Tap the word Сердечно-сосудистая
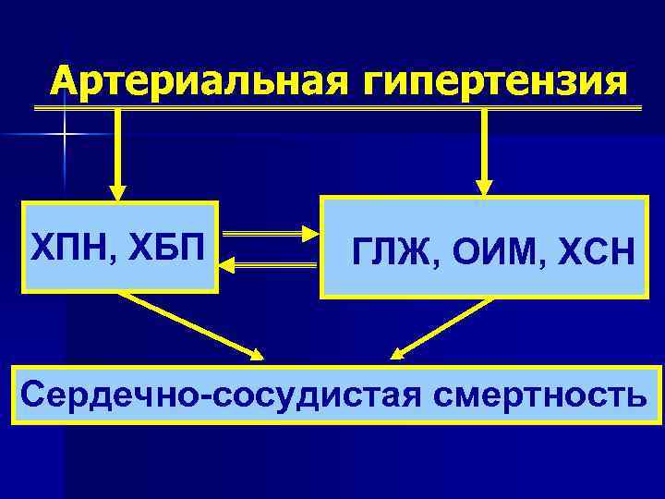pos(223,396)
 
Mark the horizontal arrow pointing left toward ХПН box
pos(268,265)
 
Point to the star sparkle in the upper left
pos(65,135)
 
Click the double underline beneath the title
pos(337,109)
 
